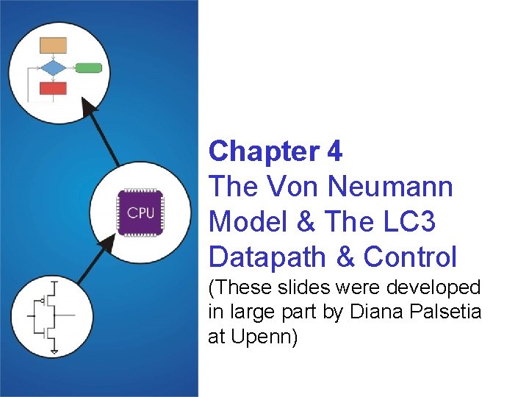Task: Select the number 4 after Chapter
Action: (334, 151)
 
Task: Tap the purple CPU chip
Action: (140, 212)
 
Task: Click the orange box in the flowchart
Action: (53, 45)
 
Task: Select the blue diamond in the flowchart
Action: (53, 68)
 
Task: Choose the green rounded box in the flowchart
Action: (89, 68)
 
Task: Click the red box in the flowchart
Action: (53, 88)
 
